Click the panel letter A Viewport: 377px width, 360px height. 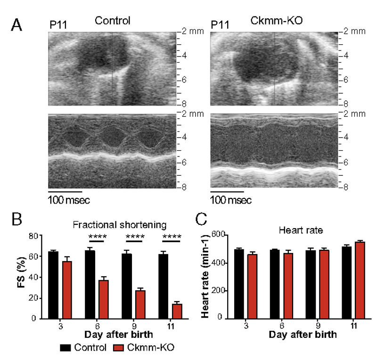[x=16, y=25]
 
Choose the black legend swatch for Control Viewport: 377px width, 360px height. [x=66, y=348]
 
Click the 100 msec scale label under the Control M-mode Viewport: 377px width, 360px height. [x=69, y=200]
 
